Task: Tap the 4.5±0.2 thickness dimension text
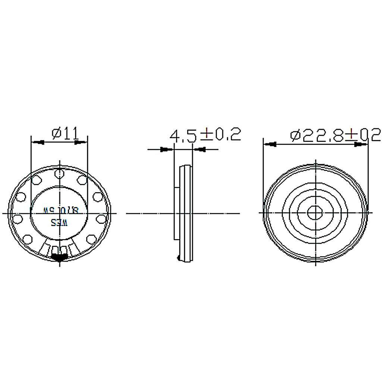pyautogui.click(x=205, y=135)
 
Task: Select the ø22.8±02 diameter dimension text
pyautogui.click(x=335, y=135)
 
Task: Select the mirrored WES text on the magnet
pyautogui.click(x=60, y=223)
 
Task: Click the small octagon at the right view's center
pyautogui.click(x=315, y=213)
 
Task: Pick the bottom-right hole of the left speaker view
pyautogui.click(x=91, y=238)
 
